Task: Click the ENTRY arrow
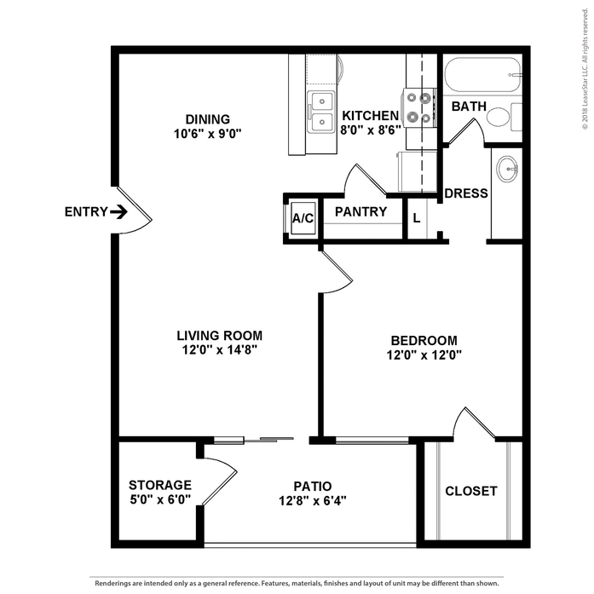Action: [x=118, y=211]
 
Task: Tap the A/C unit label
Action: [x=303, y=218]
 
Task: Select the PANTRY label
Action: [x=361, y=211]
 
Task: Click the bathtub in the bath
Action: [x=482, y=75]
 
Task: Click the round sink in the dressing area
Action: [x=507, y=168]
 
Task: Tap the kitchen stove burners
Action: [x=419, y=108]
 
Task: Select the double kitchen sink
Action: [x=321, y=112]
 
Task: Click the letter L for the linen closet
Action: [x=417, y=218]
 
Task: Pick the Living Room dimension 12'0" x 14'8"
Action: [x=220, y=350]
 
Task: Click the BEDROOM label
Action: [x=424, y=341]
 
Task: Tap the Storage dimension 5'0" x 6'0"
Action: [x=160, y=499]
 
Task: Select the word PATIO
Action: [x=313, y=486]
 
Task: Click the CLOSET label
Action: [x=471, y=491]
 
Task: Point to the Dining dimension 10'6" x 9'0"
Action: [x=208, y=134]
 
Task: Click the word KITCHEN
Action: [x=370, y=116]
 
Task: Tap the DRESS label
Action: [x=466, y=193]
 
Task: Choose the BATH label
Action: [x=469, y=107]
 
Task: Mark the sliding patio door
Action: [x=254, y=440]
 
